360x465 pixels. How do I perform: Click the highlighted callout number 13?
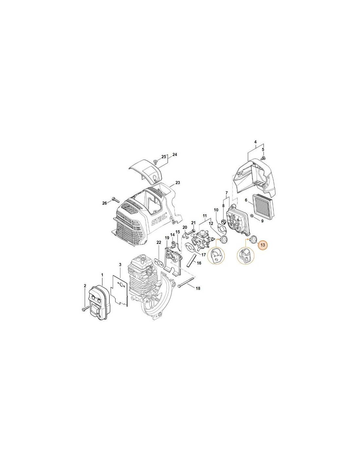click(x=263, y=245)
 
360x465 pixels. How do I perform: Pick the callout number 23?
click(x=177, y=183)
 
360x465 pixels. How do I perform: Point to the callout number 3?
click(x=120, y=265)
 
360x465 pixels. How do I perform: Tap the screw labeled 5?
click(x=263, y=158)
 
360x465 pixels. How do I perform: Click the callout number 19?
click(x=167, y=238)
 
